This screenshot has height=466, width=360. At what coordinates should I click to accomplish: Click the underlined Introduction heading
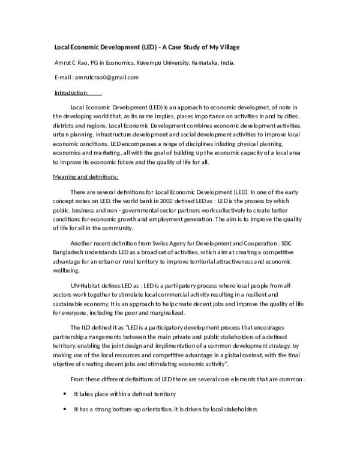(x=71, y=93)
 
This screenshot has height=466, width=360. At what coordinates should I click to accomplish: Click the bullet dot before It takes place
(x=65, y=394)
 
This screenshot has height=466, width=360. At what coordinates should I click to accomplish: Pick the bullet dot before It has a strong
(x=65, y=409)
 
